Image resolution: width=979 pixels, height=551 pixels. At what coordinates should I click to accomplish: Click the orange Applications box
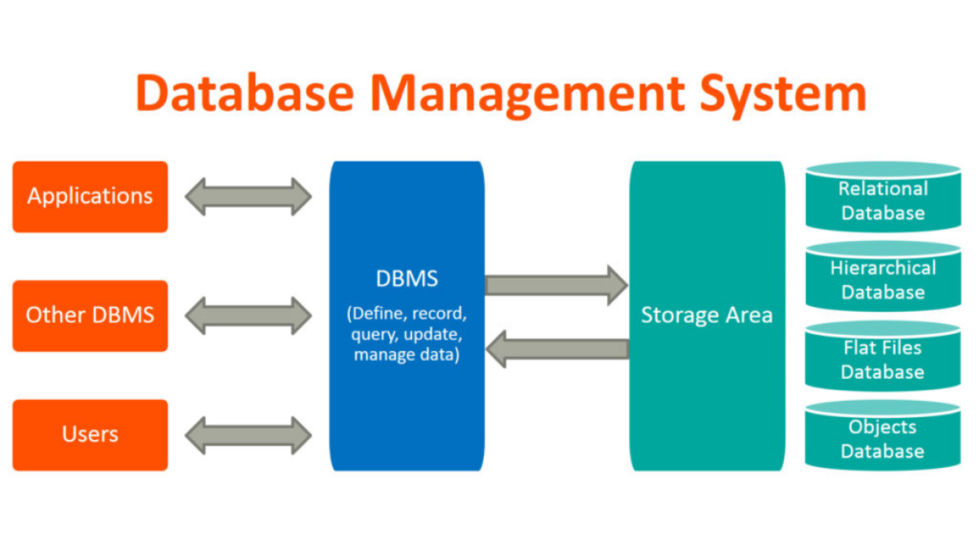pos(90,196)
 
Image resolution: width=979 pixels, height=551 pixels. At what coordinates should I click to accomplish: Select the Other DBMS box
pos(90,315)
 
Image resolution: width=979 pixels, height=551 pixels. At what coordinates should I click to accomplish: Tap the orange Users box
pos(90,434)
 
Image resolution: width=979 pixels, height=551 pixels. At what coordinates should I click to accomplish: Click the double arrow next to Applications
pos(249,196)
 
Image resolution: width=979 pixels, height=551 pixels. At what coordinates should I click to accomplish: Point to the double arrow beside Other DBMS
pos(249,315)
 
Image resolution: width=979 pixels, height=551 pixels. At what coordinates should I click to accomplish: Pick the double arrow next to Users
pos(249,434)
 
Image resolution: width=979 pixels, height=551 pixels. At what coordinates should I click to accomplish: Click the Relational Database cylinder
pos(882,198)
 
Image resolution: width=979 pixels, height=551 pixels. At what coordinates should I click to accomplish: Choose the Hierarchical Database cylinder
pos(882,278)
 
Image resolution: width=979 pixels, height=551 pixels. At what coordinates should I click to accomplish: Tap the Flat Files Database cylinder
pos(882,358)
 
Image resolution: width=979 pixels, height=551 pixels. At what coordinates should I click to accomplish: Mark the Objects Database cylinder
pos(882,437)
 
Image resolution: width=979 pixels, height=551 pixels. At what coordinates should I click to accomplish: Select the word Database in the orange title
pos(246,94)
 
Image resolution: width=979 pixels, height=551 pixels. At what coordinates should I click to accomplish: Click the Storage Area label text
pos(707,316)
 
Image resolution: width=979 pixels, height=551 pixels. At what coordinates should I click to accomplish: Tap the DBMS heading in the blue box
pos(407,279)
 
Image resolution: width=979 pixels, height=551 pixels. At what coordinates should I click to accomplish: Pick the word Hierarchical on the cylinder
pos(882,268)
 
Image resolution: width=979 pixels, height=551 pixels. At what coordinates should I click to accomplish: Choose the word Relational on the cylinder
pos(882,188)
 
